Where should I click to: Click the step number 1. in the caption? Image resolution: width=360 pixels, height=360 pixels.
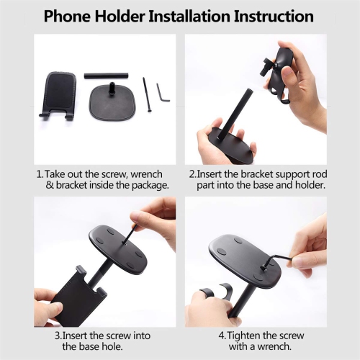pyautogui.click(x=40, y=174)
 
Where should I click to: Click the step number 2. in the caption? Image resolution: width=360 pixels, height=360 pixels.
pyautogui.click(x=193, y=174)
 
